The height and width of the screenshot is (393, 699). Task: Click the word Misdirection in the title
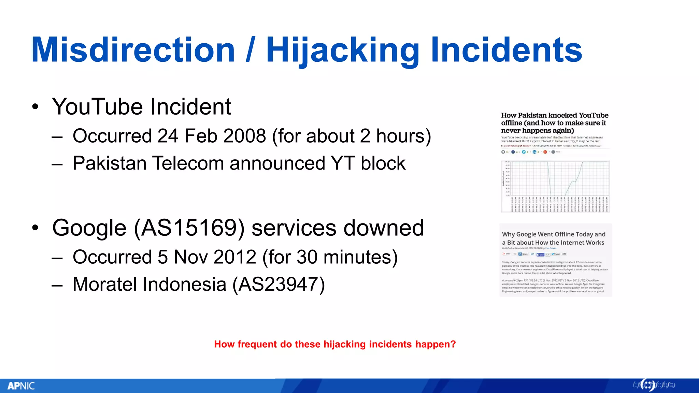(133, 50)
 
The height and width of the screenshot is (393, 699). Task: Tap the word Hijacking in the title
(343, 50)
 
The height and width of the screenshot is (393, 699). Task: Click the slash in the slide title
(250, 50)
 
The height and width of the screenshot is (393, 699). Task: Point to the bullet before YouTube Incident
(35, 107)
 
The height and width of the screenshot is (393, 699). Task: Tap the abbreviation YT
(342, 163)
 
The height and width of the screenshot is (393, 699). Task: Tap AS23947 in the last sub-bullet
(279, 284)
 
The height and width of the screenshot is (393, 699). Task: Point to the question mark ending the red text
(453, 344)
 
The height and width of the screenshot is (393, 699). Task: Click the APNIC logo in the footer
(21, 386)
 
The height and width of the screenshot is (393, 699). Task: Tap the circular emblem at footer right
(647, 385)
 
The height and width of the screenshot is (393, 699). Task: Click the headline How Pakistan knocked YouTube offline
(554, 123)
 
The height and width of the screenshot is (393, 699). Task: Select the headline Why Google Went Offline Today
(553, 238)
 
